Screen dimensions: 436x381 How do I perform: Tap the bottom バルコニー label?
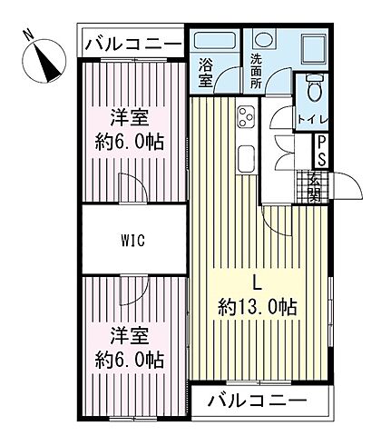click(258, 400)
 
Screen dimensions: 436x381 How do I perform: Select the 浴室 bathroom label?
click(206, 73)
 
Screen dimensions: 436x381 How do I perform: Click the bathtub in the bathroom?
click(215, 43)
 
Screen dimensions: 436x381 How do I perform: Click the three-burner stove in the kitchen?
click(246, 115)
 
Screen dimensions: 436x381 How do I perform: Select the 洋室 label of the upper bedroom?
click(131, 117)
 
